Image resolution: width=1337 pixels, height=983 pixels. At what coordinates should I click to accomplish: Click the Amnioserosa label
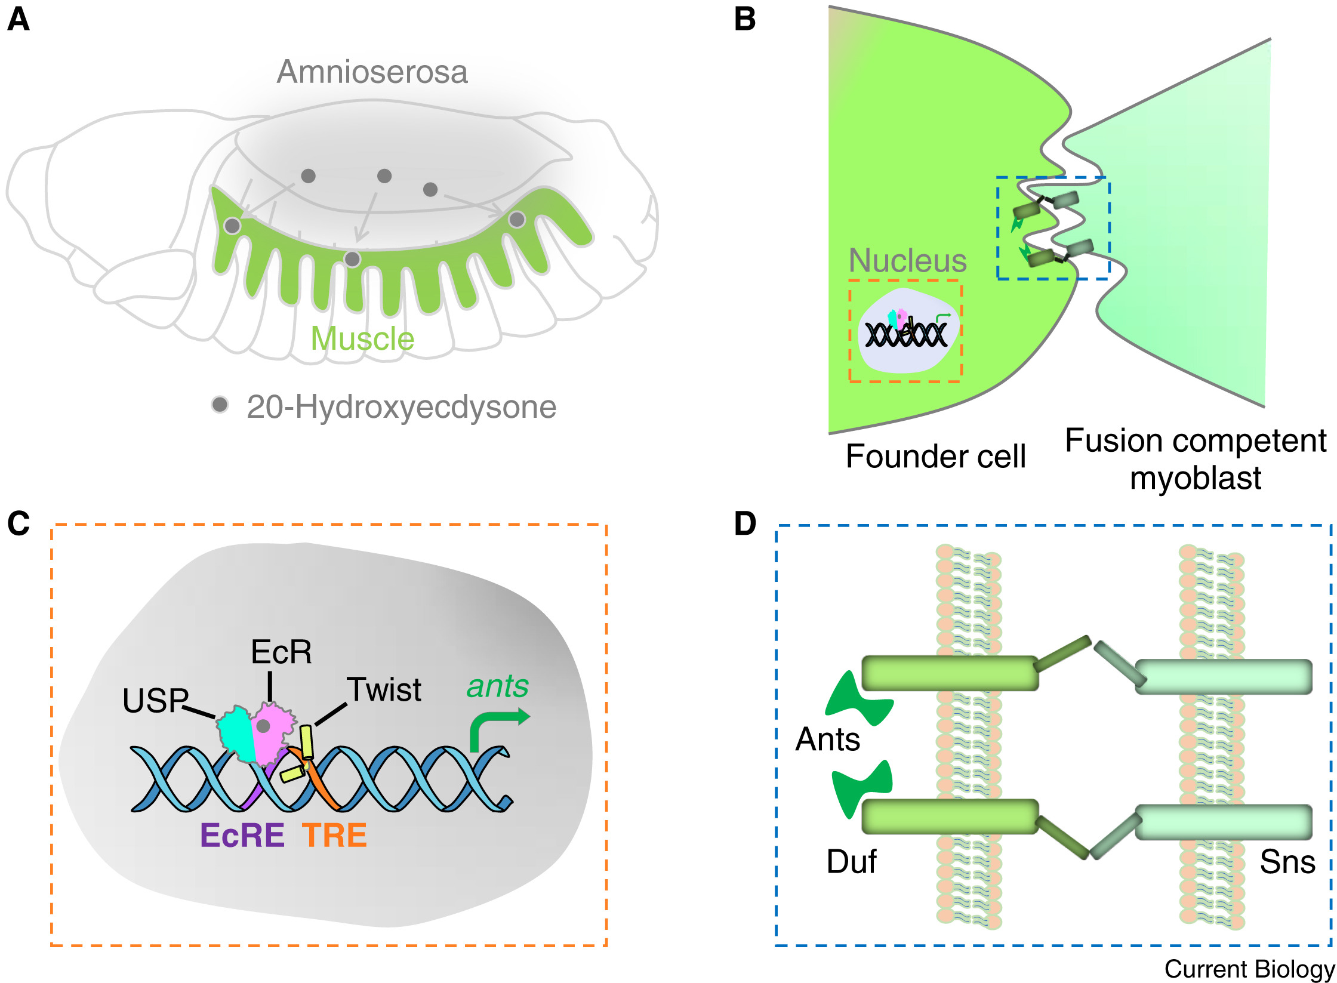372,72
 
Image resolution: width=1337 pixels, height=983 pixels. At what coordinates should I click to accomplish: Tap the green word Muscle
362,339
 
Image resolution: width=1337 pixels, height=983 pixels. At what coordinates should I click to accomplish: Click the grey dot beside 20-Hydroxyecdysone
220,405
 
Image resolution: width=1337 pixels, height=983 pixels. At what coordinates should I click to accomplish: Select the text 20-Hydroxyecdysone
401,408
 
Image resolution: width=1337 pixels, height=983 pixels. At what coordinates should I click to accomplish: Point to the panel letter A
19,19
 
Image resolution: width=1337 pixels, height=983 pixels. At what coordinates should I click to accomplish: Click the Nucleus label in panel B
907,261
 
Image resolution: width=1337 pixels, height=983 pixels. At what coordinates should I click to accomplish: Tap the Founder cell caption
935,457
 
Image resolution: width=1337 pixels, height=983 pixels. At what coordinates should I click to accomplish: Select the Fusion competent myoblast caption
1196,459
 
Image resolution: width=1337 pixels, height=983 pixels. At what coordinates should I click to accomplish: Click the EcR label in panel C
281,652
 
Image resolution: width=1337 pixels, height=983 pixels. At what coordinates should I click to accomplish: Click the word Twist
384,690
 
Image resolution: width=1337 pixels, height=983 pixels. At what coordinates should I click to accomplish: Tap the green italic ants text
497,686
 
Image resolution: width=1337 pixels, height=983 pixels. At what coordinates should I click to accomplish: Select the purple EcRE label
242,835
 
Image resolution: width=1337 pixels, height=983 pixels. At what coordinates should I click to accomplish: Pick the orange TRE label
334,835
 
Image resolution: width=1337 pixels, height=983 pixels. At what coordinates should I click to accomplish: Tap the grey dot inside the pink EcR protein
263,726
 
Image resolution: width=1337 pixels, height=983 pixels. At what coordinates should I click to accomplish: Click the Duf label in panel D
851,862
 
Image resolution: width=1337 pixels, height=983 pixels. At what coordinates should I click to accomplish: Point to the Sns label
1287,862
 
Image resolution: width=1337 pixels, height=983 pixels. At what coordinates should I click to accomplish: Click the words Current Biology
1249,969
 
